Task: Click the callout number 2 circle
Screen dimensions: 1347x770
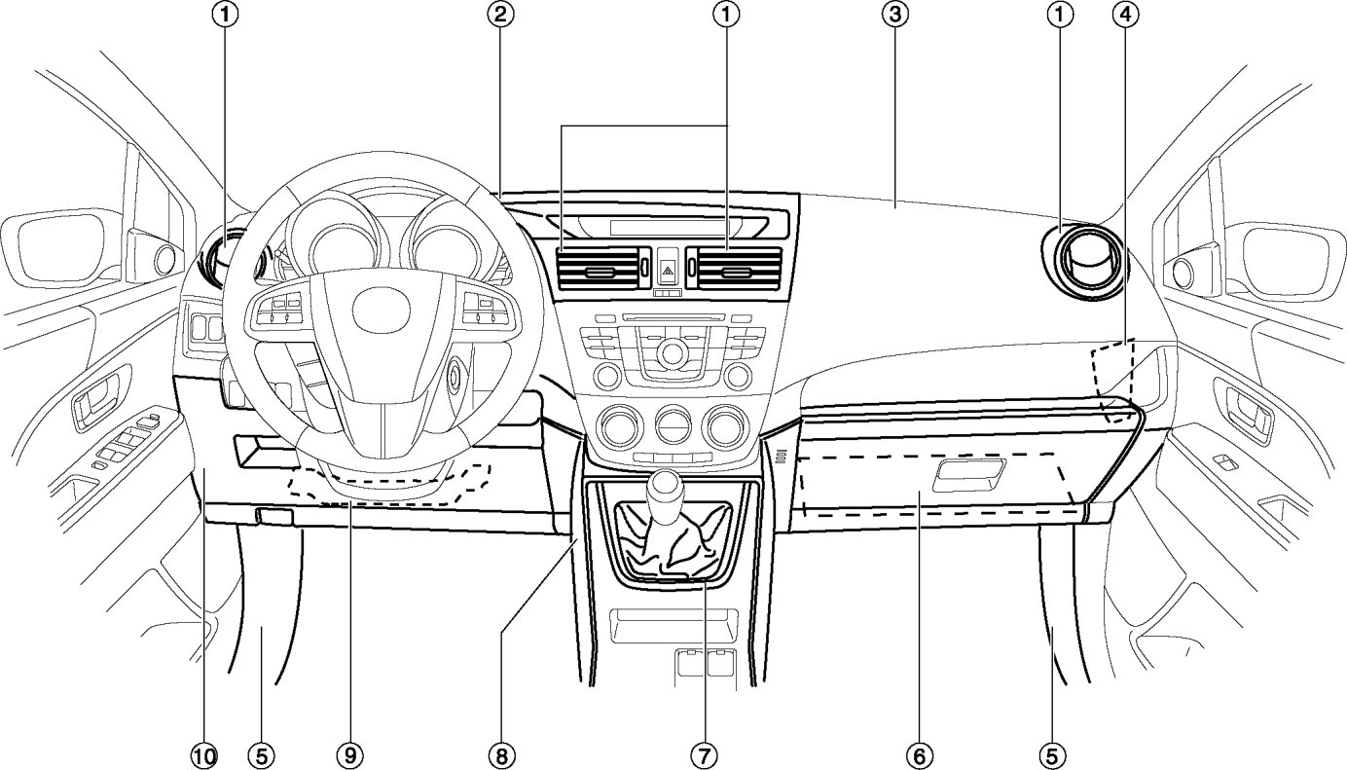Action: click(502, 14)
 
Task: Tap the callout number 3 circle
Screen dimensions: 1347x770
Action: click(894, 14)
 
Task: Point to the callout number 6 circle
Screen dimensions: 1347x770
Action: click(918, 754)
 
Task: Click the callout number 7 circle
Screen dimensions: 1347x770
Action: click(705, 754)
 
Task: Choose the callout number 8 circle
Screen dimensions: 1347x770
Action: click(502, 754)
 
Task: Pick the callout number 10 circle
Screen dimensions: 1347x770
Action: click(206, 754)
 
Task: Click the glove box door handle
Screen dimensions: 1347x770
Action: click(967, 474)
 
